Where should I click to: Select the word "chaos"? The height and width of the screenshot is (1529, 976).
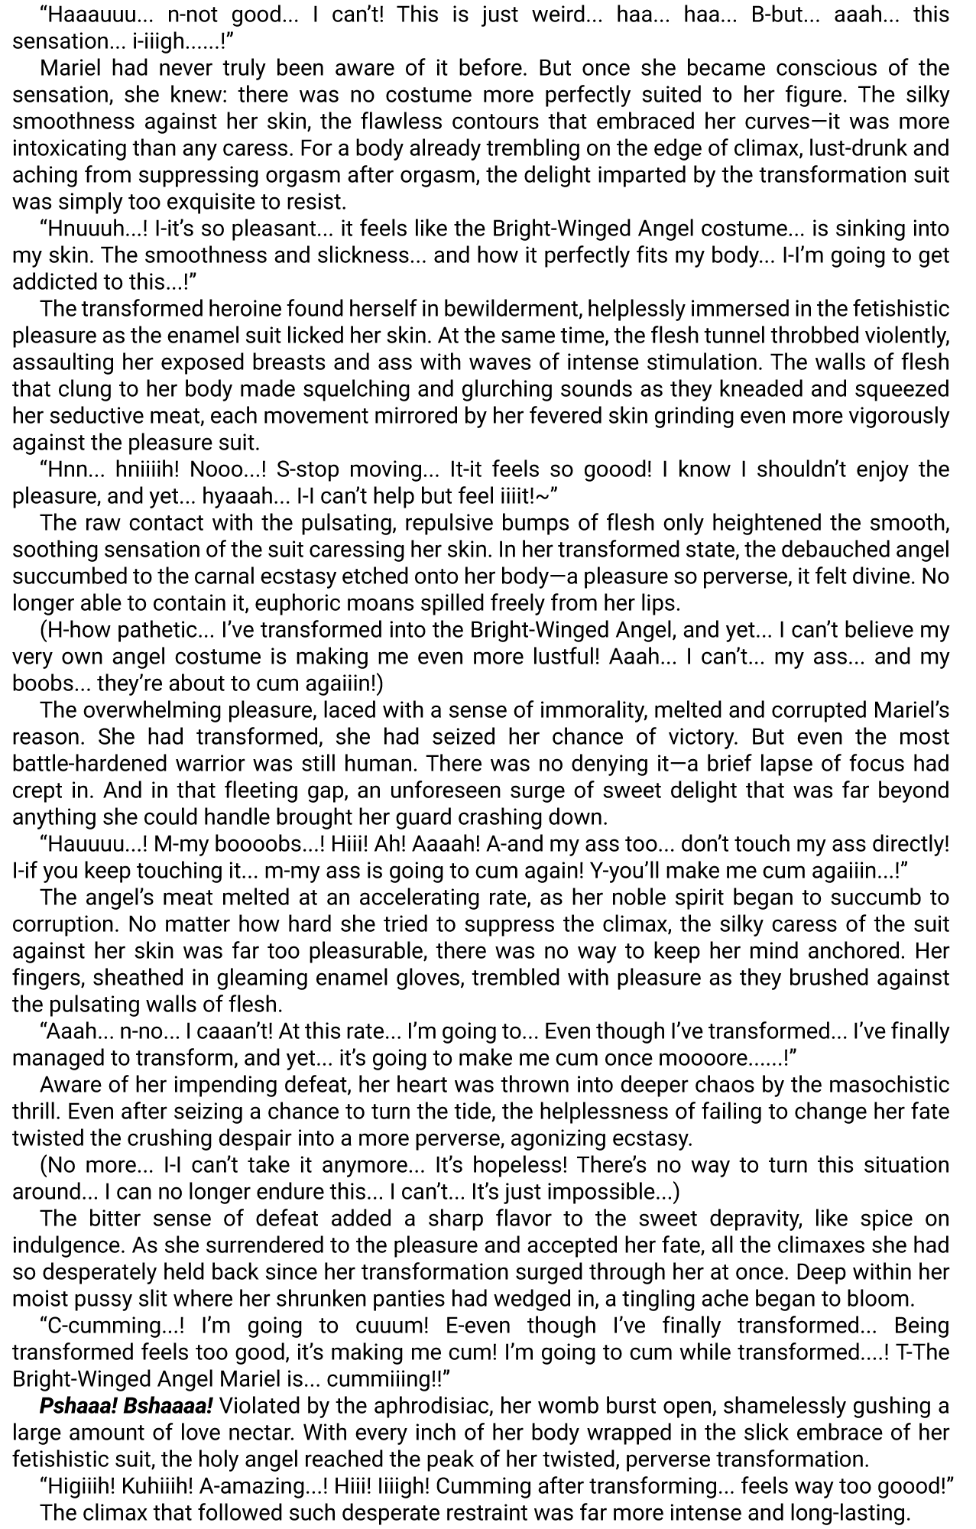click(x=511, y=1085)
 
